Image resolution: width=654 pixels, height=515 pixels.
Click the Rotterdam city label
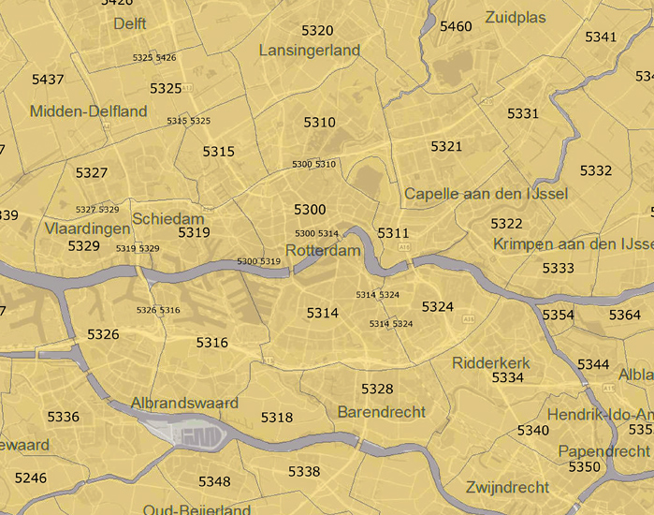coord(323,251)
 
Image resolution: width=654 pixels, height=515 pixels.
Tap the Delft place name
coord(130,22)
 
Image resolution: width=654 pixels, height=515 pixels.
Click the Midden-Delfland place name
coord(88,111)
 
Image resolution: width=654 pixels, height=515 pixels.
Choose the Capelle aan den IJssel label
coord(486,194)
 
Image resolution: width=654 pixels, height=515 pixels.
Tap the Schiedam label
coord(168,217)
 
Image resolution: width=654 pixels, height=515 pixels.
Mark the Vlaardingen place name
coord(87,228)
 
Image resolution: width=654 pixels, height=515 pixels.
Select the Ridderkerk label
coord(490,362)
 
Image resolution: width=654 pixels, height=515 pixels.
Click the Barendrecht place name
coord(381,412)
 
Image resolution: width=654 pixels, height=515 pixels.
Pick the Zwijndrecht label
coord(506,488)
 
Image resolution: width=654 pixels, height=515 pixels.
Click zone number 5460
coord(456,26)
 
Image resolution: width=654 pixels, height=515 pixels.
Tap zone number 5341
coord(601,37)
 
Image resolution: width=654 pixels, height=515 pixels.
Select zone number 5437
coord(48,80)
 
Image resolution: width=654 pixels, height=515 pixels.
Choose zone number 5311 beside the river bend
coord(393,232)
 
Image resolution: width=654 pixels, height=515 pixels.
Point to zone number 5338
coord(304,471)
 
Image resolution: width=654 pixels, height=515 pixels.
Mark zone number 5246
coord(30,478)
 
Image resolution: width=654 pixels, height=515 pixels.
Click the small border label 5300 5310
coord(313,164)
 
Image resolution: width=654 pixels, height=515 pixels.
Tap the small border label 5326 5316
coord(157,310)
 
